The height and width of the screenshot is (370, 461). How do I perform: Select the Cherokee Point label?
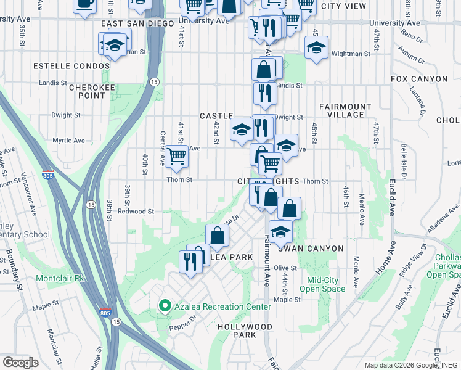click(87, 91)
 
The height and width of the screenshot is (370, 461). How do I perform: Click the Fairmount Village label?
click(345, 111)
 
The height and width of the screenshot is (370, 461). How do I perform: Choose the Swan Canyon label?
click(310, 248)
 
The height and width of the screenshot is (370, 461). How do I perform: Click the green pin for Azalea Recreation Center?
click(165, 306)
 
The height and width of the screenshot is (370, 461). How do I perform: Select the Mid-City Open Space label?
click(326, 284)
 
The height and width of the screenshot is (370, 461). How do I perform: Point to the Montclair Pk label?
click(60, 278)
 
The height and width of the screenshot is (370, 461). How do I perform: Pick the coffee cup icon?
click(85, 4)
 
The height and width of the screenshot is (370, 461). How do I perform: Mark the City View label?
click(344, 6)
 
